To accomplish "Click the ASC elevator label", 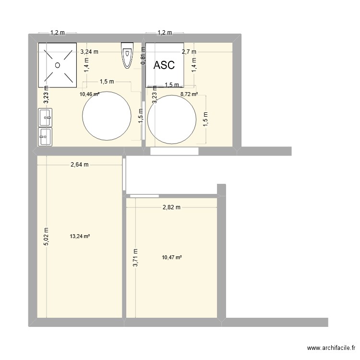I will click(164, 66).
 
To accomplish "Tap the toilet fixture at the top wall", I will click(127, 55).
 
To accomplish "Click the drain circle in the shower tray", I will click(58, 65).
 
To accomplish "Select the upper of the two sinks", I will click(46, 117).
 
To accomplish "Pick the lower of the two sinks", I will click(46, 136).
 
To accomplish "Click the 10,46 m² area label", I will click(90, 95).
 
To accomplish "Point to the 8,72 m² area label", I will click(189, 95).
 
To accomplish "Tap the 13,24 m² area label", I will click(80, 236).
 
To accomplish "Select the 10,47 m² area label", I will click(172, 258).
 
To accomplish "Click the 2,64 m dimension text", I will click(80, 165).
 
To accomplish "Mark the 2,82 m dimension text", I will click(171, 207).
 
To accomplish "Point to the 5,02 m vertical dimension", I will click(46, 237).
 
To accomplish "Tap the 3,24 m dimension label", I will click(89, 51).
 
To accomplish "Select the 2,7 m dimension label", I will click(189, 51).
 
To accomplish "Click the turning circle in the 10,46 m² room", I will click(107, 116).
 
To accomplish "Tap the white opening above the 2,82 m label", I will click(144, 195).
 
